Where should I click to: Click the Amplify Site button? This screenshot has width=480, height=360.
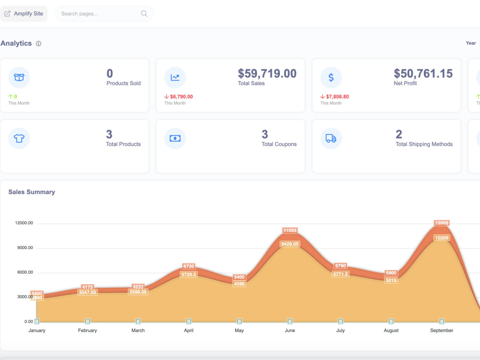[24, 13]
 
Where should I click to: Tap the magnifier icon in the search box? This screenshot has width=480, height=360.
[144, 13]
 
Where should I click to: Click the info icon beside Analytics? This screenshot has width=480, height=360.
[38, 44]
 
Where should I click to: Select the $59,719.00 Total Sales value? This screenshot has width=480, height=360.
[267, 73]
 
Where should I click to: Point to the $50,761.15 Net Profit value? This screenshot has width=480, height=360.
[423, 73]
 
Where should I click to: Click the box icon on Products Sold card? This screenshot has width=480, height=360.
[19, 77]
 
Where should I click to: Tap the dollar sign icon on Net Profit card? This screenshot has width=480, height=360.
[331, 77]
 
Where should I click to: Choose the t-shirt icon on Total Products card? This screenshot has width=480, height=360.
[19, 138]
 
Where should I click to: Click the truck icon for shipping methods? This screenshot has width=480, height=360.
[331, 138]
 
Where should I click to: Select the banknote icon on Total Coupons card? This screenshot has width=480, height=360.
[175, 138]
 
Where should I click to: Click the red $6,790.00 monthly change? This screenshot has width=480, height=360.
[179, 96]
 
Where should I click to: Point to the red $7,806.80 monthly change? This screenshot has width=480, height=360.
[335, 96]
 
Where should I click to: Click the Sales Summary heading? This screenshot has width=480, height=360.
[32, 192]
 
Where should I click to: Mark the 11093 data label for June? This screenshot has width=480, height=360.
[290, 230]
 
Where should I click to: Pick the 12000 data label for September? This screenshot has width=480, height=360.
[442, 223]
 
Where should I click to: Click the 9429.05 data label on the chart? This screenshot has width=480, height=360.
[290, 244]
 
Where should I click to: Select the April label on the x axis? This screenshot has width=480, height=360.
[189, 330]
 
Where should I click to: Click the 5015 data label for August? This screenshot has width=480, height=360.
[391, 280]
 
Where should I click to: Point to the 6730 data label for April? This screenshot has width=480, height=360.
[189, 266]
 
